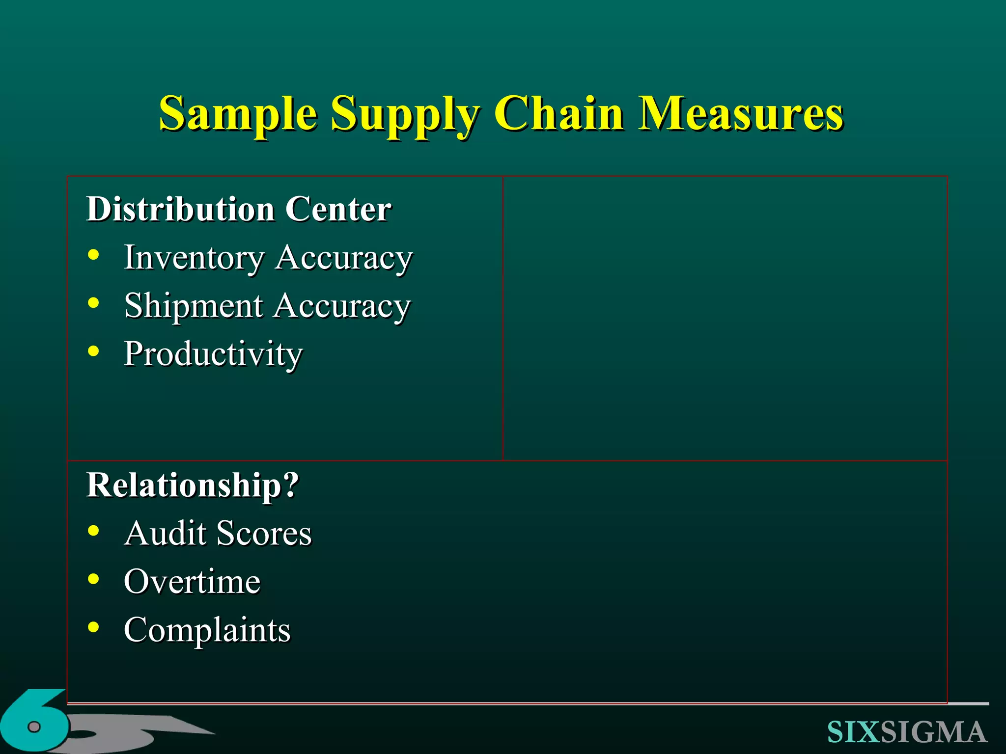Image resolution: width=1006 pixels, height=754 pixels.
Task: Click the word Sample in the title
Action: pos(238,114)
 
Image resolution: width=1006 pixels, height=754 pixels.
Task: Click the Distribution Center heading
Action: pos(239,209)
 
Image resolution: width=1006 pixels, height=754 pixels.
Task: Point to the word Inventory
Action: pos(194,258)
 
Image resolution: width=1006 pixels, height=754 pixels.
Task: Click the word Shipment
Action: pos(194,306)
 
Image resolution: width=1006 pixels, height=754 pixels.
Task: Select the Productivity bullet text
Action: pos(213,354)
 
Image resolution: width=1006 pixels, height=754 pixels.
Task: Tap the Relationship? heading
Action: pos(193,485)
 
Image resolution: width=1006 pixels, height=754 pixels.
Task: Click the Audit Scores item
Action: pos(218,533)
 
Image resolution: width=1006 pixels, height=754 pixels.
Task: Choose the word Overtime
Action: pos(192,582)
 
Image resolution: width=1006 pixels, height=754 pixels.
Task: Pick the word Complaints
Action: pos(207,630)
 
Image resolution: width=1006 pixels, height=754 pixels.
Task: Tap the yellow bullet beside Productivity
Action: pos(93,351)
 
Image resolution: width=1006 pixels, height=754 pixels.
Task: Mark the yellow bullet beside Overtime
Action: pos(93,579)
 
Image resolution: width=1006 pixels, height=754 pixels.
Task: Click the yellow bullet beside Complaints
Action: pos(93,627)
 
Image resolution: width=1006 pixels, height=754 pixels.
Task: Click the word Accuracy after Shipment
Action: pos(342,306)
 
